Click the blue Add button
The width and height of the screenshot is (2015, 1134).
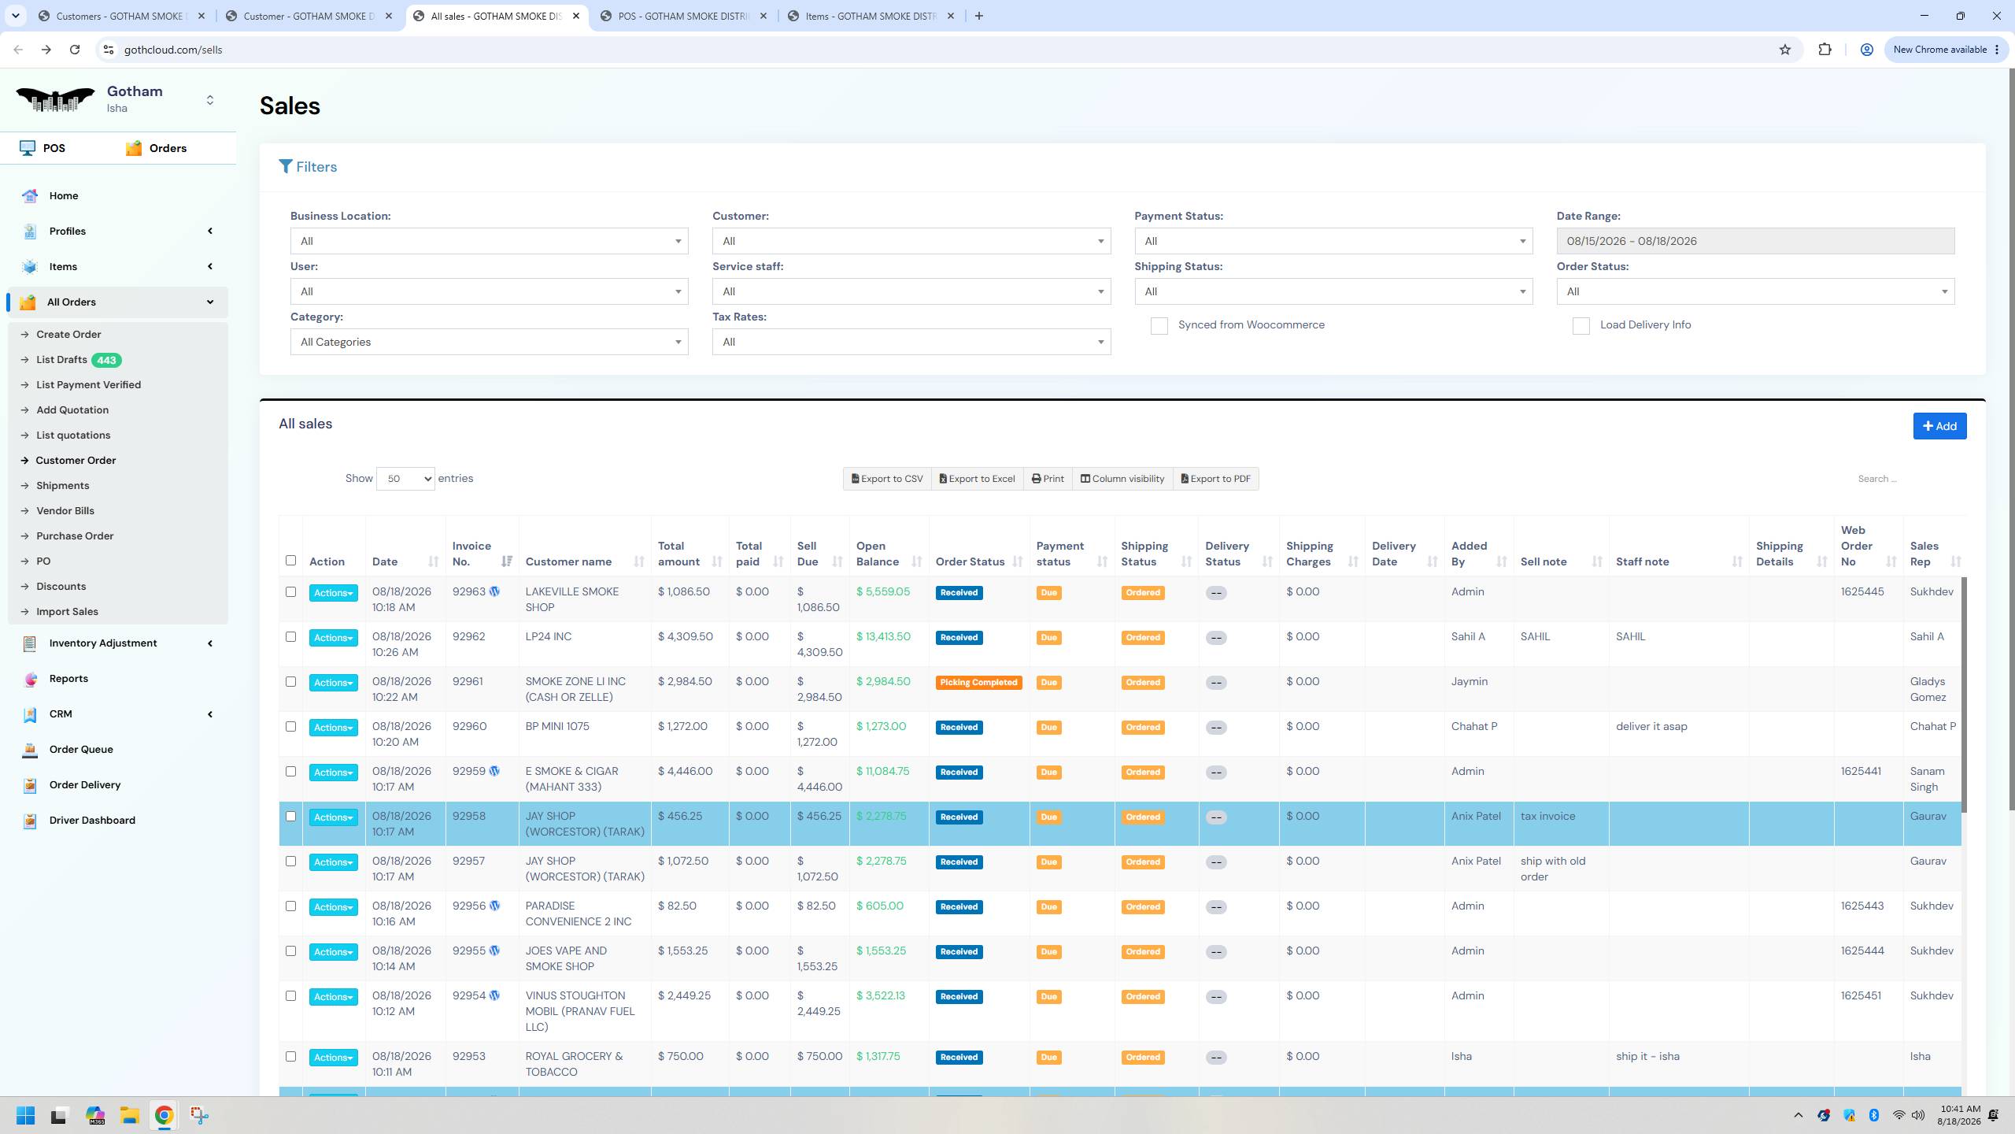[1939, 426]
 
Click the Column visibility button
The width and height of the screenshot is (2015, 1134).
[1122, 479]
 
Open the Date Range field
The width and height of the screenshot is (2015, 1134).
[1755, 241]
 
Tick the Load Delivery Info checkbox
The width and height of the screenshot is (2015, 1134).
[1581, 325]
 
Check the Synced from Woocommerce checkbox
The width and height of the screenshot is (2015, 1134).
[1159, 325]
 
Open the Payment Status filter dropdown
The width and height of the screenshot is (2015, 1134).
[1333, 241]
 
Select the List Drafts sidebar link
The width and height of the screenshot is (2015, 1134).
[61, 360]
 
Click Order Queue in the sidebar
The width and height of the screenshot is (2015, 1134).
[81, 750]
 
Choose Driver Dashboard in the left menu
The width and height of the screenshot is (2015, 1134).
[92, 821]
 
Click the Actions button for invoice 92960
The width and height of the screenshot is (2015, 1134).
[333, 728]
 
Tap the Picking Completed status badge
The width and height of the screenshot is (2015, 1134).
[978, 683]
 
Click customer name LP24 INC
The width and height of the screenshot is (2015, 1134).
[549, 637]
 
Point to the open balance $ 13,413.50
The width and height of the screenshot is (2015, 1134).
[883, 637]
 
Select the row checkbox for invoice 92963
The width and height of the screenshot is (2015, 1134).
[290, 592]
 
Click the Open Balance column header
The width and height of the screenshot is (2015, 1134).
[878, 554]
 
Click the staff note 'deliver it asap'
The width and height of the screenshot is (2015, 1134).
[1651, 727]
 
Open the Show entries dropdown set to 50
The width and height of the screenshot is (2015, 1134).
[405, 479]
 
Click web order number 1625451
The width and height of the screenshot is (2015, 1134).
[1861, 996]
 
